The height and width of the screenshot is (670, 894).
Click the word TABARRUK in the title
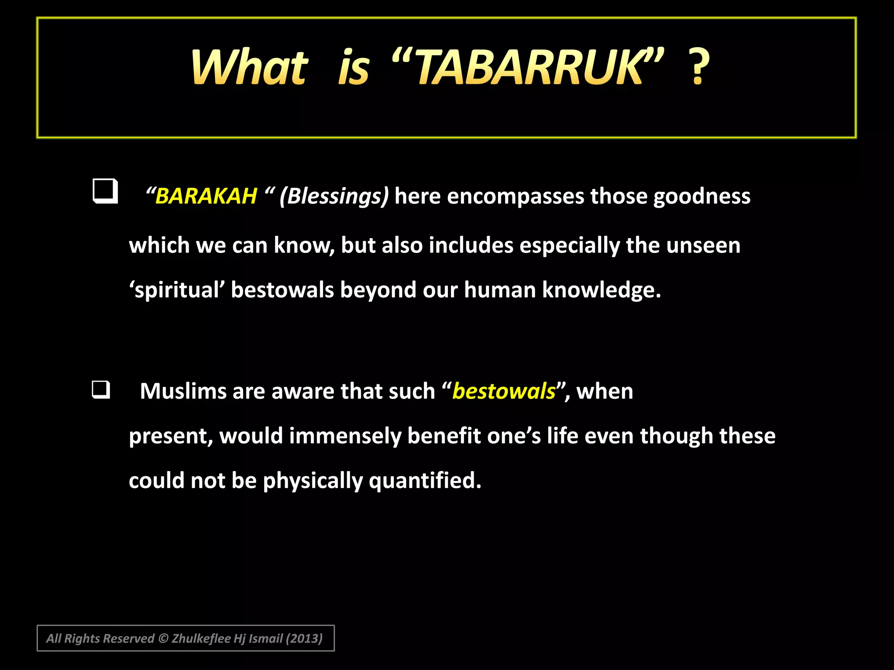(528, 68)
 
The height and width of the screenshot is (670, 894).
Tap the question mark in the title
(698, 68)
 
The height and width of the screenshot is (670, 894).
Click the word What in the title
(249, 68)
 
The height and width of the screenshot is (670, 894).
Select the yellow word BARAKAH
(206, 196)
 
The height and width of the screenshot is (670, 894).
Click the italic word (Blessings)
(334, 196)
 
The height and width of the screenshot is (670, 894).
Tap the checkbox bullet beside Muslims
(101, 390)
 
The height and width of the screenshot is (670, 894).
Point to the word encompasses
(516, 196)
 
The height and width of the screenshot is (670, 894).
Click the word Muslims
(182, 391)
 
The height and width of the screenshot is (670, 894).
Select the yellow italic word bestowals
(504, 391)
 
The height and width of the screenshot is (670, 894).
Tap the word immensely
(345, 436)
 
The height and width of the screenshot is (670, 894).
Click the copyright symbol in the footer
(163, 639)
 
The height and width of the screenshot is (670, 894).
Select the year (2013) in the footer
(304, 639)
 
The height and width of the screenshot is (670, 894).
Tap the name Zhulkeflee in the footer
(201, 639)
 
